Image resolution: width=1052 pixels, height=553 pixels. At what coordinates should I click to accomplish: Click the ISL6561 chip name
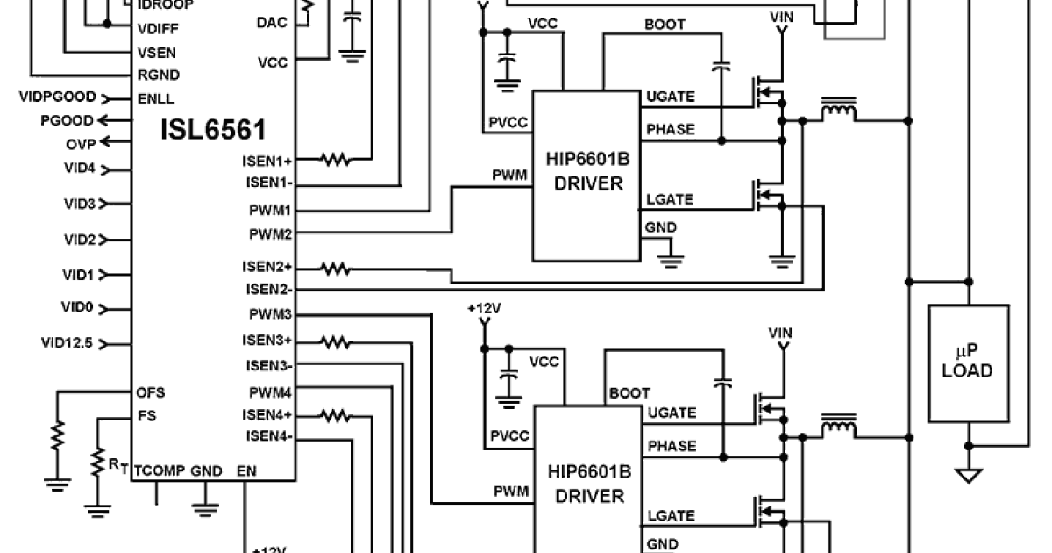(x=213, y=131)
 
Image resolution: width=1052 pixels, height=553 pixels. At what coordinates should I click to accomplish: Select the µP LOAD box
(x=968, y=361)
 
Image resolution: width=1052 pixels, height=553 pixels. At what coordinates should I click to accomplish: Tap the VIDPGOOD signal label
(x=57, y=97)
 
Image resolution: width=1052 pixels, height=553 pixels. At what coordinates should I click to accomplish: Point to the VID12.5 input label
(x=68, y=342)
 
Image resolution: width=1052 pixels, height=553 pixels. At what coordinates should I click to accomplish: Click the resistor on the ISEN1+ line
(x=335, y=160)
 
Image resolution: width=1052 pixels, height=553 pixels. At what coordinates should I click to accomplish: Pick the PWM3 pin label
(x=270, y=314)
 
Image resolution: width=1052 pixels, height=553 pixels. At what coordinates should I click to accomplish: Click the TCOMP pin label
(x=159, y=470)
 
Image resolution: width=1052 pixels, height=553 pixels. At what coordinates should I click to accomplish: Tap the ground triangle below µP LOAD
(x=968, y=476)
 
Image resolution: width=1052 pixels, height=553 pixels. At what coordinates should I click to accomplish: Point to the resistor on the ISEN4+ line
(x=335, y=414)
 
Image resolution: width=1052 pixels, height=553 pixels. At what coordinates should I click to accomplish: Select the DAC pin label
(x=272, y=22)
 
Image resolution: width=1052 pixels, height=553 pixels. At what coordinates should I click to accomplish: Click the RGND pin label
(x=157, y=74)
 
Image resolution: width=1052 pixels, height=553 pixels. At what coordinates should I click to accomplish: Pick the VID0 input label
(x=78, y=308)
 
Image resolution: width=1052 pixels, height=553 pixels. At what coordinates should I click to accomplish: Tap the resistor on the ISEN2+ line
(x=335, y=267)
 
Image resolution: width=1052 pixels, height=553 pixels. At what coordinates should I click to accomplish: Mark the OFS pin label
(x=151, y=391)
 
